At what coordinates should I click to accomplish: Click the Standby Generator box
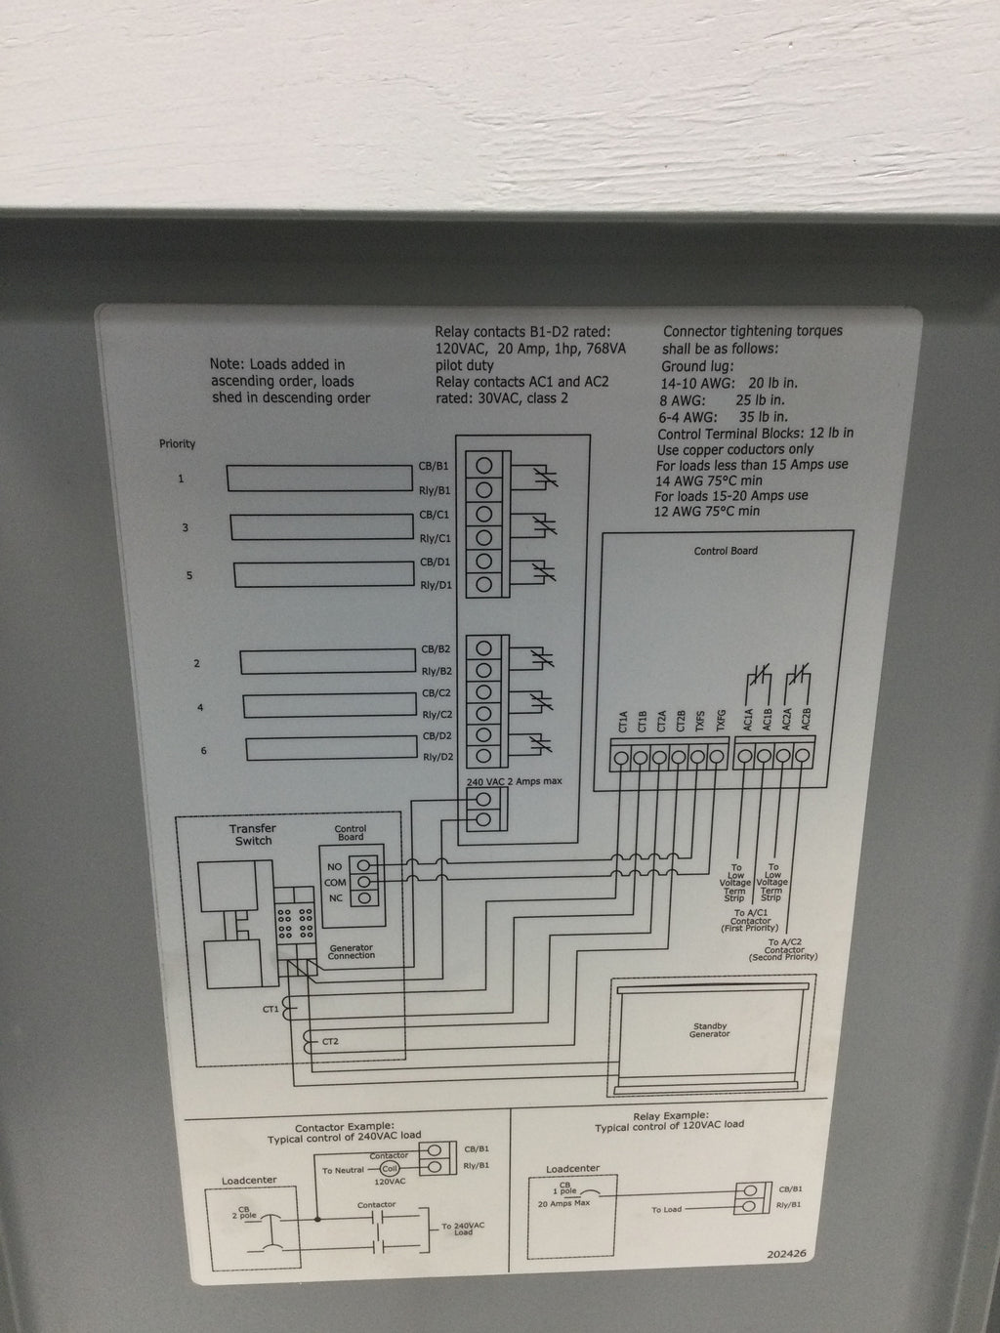point(710,1030)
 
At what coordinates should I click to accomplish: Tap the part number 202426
point(788,1255)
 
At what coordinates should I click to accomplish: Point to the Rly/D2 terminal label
point(437,758)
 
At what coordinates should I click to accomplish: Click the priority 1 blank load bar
point(319,478)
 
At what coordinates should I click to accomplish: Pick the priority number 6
point(203,750)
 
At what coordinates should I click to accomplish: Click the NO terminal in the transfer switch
point(364,865)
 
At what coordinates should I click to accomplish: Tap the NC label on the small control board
point(335,897)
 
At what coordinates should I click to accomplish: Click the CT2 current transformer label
point(331,1043)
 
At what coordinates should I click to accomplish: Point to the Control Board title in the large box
point(726,551)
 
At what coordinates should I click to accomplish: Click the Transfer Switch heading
point(253,835)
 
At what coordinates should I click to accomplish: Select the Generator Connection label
point(351,951)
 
